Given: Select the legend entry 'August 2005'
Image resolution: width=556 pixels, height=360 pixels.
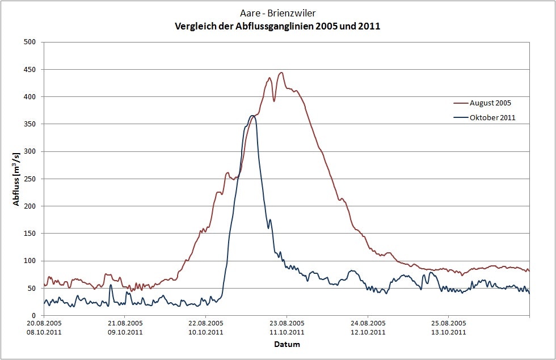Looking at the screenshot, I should (x=491, y=103).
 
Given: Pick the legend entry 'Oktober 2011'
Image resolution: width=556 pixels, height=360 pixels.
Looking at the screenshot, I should (x=492, y=117).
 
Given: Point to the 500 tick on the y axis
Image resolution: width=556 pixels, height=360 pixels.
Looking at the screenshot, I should (x=30, y=42).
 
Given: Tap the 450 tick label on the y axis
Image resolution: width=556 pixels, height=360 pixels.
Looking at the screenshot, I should (x=30, y=69).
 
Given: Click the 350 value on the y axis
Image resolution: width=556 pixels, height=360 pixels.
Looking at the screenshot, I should (x=30, y=124).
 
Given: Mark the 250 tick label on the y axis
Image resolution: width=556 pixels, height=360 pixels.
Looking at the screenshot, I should (x=30, y=179).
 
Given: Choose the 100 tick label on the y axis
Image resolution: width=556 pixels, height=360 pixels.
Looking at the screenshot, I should (x=30, y=261).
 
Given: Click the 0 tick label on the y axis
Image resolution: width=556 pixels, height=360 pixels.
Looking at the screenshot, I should (x=34, y=315).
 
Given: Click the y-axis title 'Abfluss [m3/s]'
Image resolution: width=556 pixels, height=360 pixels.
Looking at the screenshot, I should (x=16, y=179).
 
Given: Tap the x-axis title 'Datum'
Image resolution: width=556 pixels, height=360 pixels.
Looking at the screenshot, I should (x=287, y=344).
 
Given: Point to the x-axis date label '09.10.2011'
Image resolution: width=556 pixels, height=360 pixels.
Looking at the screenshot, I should (x=125, y=332).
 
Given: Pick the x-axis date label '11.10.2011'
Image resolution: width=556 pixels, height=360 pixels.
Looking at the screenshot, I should (x=287, y=332).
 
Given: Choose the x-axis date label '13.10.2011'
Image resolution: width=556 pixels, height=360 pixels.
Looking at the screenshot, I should (x=449, y=332).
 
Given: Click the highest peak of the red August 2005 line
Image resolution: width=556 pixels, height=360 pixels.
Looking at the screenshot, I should (x=281, y=73).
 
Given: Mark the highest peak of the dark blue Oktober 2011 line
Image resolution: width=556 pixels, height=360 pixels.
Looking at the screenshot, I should (x=252, y=116).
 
